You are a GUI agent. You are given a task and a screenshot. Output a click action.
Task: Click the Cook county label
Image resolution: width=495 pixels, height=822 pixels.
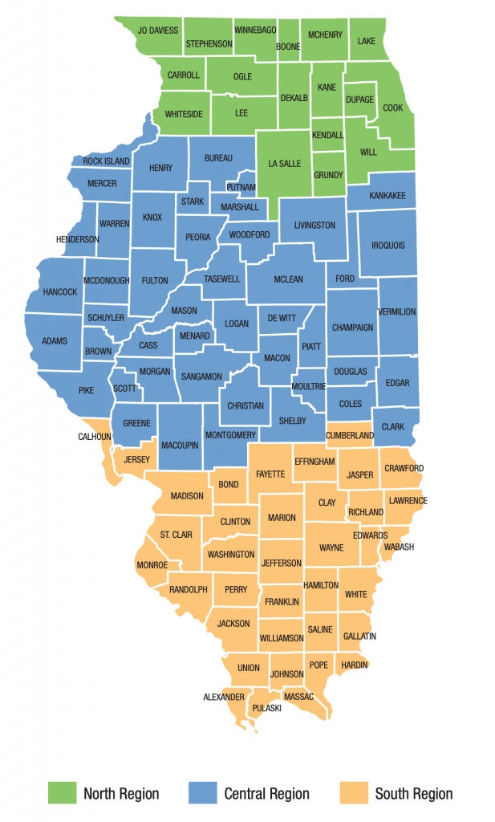pos(392,108)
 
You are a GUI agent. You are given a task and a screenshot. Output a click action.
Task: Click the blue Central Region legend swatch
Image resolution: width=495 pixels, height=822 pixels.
pos(201,793)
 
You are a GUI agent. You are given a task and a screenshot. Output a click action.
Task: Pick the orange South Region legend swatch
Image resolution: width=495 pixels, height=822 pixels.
pos(352,793)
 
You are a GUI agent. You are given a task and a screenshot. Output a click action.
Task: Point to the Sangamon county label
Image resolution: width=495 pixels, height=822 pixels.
pos(201,376)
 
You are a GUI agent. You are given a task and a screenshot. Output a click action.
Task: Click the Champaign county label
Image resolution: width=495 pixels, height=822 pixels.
pos(353,328)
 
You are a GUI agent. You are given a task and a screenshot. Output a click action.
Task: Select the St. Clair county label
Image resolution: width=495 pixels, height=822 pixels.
pos(176,535)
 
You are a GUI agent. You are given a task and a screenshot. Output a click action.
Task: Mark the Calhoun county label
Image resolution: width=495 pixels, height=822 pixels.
pos(95,437)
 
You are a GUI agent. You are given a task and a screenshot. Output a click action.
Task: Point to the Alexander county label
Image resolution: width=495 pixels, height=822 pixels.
pos(224,697)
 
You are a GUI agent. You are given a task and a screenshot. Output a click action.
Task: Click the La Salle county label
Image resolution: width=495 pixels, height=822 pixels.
pos(283,164)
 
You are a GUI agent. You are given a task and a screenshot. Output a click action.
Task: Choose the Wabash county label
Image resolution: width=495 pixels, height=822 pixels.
pos(399,547)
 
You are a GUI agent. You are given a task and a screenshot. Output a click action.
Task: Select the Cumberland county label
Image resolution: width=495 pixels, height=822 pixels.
pos(350,435)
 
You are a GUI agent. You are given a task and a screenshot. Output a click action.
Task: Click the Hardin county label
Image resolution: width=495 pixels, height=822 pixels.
pos(354,665)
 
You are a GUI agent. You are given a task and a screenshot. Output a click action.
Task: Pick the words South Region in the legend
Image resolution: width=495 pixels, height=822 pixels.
pos(413,794)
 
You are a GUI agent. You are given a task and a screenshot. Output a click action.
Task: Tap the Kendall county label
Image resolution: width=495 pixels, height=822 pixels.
pos(327,135)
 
